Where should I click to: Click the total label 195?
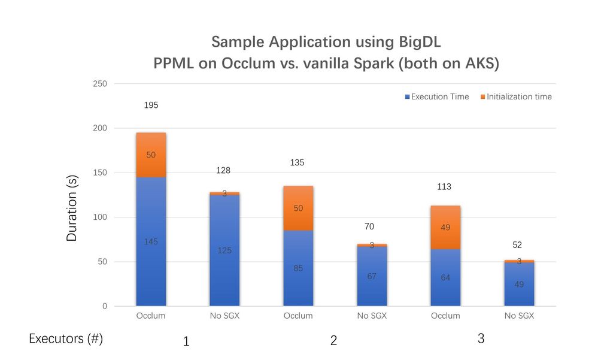(151, 105)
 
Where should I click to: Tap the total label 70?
(369, 226)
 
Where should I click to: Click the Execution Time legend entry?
(437, 96)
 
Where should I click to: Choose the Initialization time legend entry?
(516, 96)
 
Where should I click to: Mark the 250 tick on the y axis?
(100, 84)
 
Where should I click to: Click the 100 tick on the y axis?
(100, 217)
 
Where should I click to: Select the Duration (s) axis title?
(72, 207)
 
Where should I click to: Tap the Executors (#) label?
(66, 339)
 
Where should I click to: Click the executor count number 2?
(333, 341)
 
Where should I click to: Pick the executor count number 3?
(481, 339)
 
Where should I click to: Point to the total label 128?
(223, 171)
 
